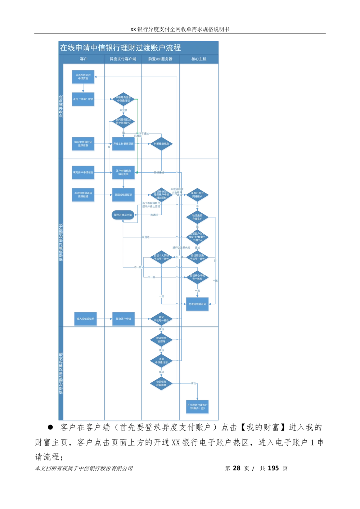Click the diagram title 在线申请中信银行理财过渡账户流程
coord(120,48)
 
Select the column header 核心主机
coord(199,59)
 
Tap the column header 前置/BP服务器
coord(160,59)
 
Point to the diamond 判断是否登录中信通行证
coord(123,99)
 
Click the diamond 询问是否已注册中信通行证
coord(123,121)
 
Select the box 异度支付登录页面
coord(123,144)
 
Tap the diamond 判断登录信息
coord(161,144)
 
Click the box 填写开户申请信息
coord(83,172)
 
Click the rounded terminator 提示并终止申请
coord(123,215)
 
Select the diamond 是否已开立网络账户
coord(197,195)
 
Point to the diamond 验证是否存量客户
coord(197,217)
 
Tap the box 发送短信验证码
coord(197,304)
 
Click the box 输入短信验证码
coord(85,319)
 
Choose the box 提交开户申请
coord(123,319)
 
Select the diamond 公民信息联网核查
coord(161,383)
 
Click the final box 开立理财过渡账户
coord(197,406)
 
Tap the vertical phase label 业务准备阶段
coord(61,107)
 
